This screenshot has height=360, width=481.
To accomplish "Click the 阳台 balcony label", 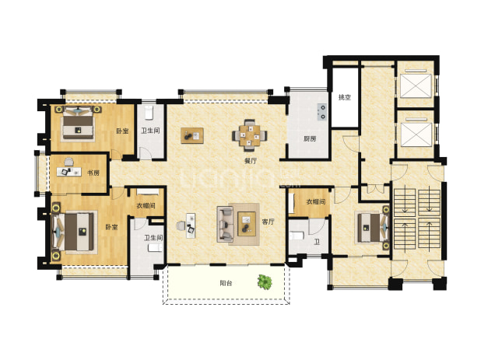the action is click(x=226, y=283).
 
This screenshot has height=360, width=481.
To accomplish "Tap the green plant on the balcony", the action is click(x=265, y=282).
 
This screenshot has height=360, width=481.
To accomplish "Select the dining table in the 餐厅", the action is click(x=249, y=135).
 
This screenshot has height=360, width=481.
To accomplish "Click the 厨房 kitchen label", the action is click(x=310, y=139).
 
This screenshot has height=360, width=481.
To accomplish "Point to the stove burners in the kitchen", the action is click(x=322, y=112).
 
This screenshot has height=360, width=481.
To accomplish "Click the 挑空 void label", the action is click(x=345, y=97).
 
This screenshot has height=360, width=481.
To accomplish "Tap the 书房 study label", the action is click(x=93, y=173).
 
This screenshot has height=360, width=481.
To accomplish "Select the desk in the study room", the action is click(x=69, y=172).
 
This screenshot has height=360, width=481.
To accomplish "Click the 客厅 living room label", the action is click(x=268, y=222).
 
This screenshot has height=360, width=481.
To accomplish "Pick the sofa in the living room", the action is click(x=225, y=224).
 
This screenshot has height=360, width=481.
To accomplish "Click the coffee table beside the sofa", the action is click(x=247, y=224).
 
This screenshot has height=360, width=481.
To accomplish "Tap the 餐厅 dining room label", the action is click(x=251, y=160).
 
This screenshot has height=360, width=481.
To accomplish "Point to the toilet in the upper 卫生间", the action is click(x=149, y=113).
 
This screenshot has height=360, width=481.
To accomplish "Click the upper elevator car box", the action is click(x=416, y=86).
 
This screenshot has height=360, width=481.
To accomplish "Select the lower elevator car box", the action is click(x=416, y=135).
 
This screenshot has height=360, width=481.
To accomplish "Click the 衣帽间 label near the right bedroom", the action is click(x=316, y=202).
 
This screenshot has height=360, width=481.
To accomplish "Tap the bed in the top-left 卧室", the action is click(x=78, y=124).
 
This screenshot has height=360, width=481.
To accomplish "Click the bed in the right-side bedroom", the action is click(x=372, y=228).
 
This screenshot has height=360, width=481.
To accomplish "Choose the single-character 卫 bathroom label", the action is click(x=317, y=242).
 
